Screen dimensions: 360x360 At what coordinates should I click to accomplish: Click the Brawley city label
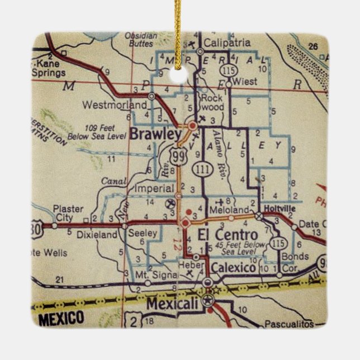point(156,134)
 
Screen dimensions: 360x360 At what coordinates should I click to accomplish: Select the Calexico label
point(234,268)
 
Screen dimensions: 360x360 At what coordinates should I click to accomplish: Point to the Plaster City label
point(68,213)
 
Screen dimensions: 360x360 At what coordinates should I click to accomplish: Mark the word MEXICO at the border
point(61,319)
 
